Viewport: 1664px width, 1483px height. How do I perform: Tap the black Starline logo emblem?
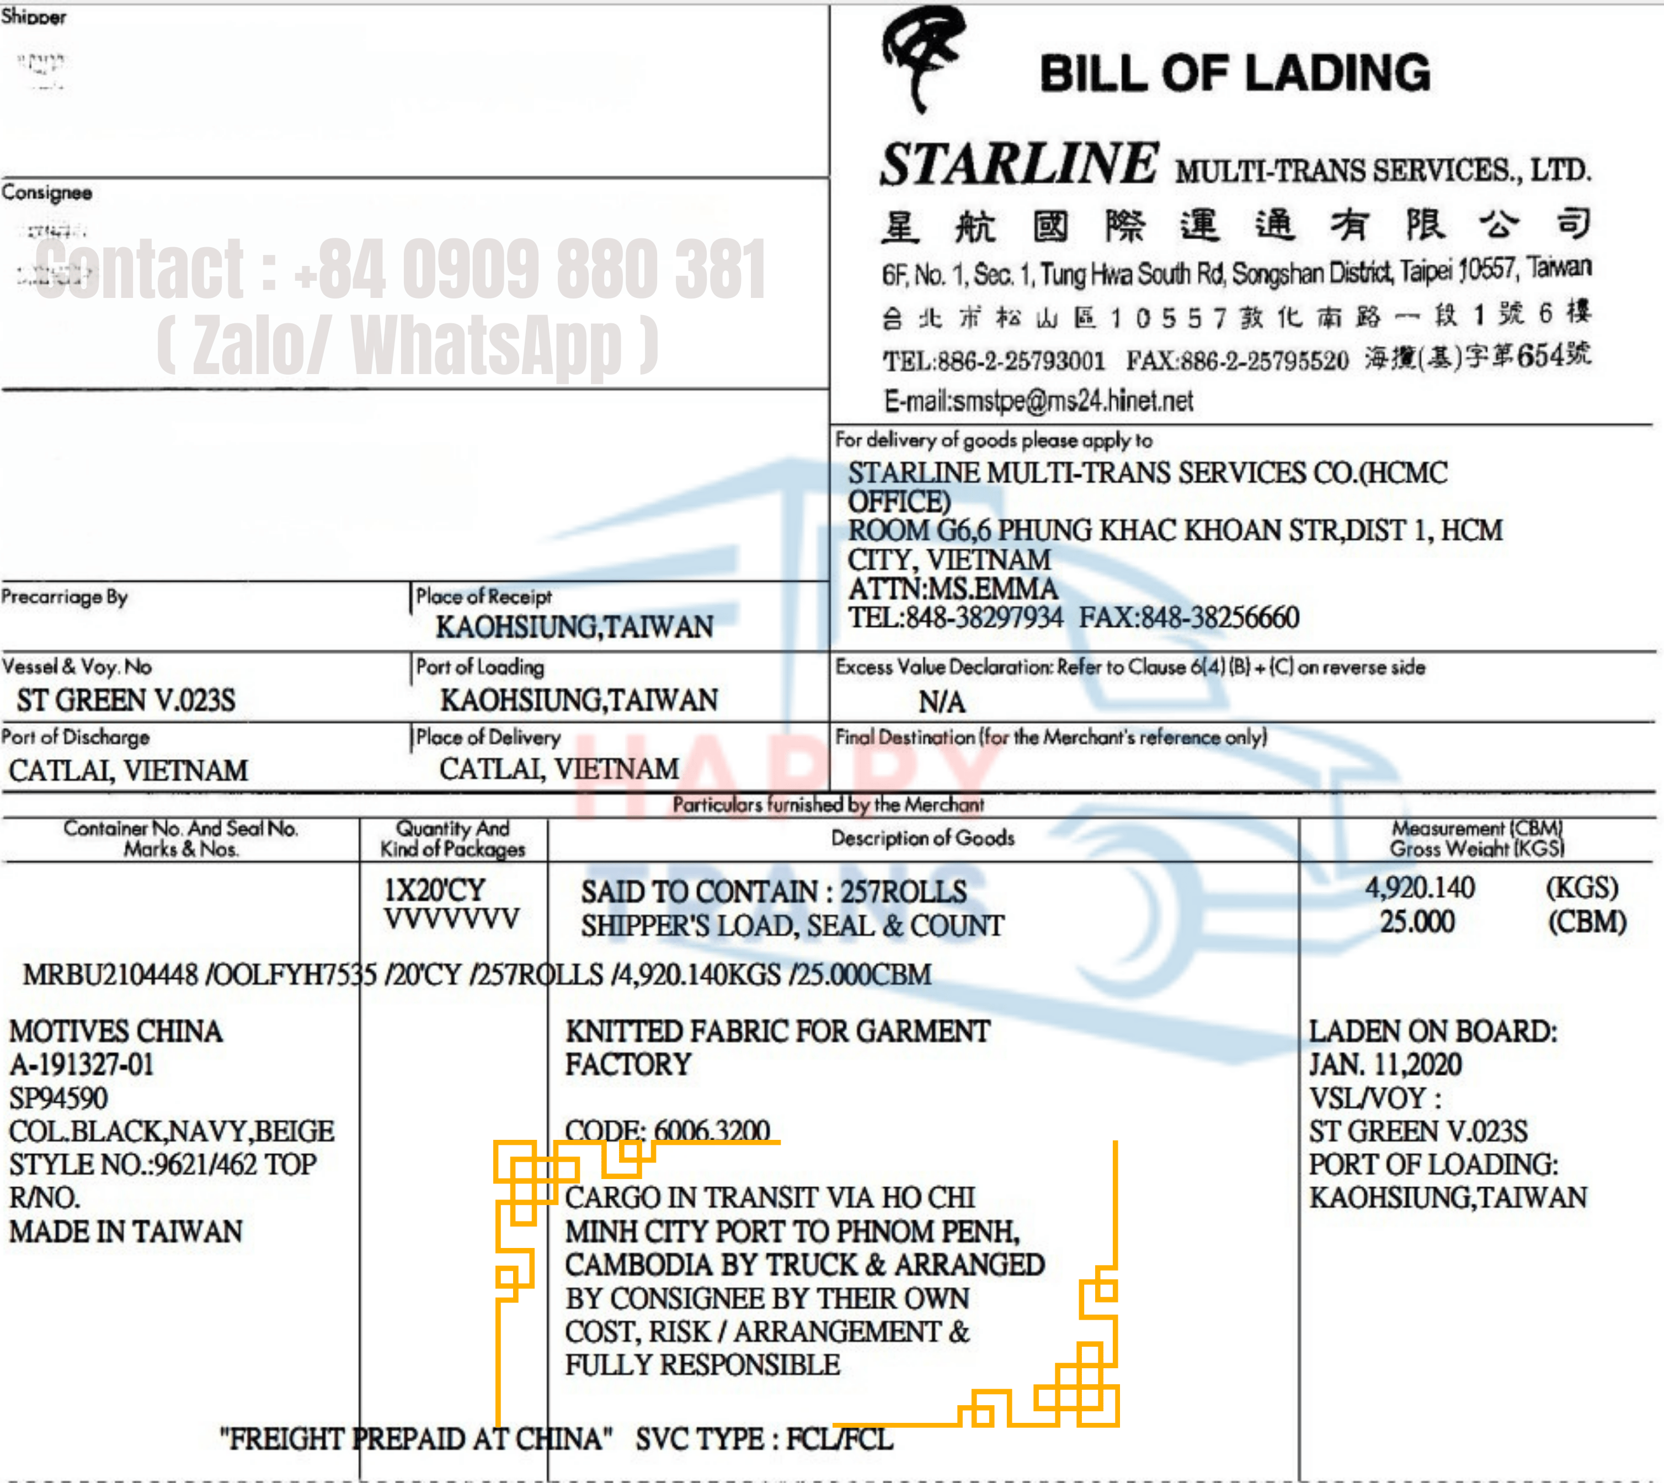pyautogui.click(x=922, y=57)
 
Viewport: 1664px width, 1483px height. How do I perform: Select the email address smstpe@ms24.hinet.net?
pyautogui.click(x=1073, y=401)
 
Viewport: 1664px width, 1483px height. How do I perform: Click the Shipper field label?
pyautogui.click(x=34, y=17)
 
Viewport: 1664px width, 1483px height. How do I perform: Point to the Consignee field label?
pyautogui.click(x=46, y=193)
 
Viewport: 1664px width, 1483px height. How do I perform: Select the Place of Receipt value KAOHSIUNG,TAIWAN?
pyautogui.click(x=574, y=627)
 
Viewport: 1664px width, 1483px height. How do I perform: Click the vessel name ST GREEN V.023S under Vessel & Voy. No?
pyautogui.click(x=126, y=700)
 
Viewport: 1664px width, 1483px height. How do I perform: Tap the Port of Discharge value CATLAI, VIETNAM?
pyautogui.click(x=129, y=770)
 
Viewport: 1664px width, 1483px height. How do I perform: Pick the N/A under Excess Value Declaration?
pyautogui.click(x=942, y=702)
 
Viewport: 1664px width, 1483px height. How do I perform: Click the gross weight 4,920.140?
pyautogui.click(x=1420, y=887)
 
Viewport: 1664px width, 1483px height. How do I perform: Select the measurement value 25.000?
pyautogui.click(x=1417, y=921)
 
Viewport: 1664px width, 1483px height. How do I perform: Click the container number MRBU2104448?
pyautogui.click(x=110, y=974)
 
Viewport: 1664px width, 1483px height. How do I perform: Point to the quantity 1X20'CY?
pyautogui.click(x=434, y=889)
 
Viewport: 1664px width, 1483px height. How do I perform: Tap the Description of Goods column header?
pyautogui.click(x=922, y=837)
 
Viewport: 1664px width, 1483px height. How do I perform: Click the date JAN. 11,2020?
pyautogui.click(x=1385, y=1064)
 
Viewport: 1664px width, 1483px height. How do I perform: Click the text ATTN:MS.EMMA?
pyautogui.click(x=953, y=588)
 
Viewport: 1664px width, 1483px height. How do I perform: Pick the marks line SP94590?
pyautogui.click(x=58, y=1097)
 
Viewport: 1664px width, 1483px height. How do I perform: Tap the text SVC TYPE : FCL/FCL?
pyautogui.click(x=764, y=1439)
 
